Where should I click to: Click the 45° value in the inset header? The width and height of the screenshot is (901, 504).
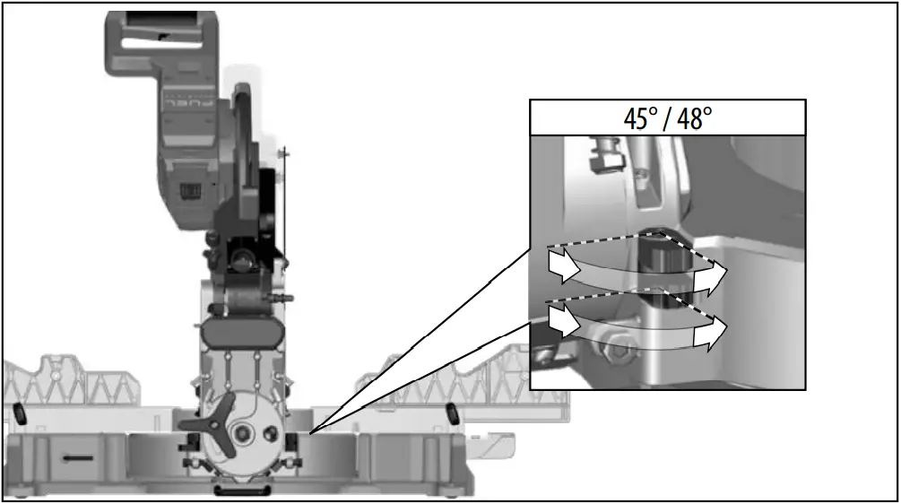[x=642, y=118]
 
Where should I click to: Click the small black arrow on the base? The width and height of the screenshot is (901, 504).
[x=78, y=457]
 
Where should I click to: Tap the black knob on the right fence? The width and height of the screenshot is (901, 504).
[x=453, y=412]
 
